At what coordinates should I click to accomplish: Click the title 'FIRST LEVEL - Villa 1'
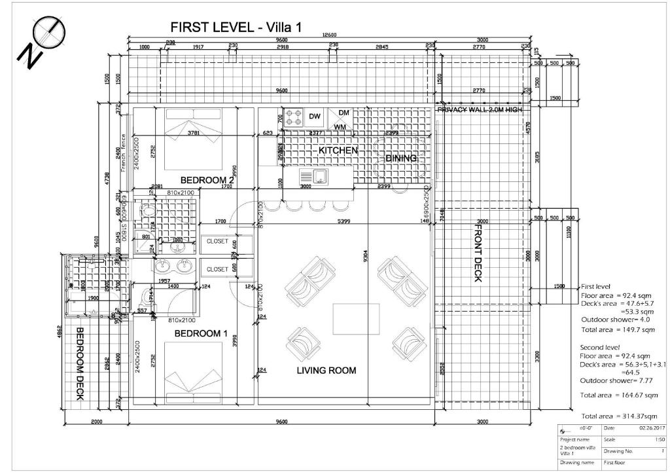coord(236,27)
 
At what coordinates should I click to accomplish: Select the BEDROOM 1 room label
coord(201,334)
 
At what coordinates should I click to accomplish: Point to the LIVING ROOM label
coord(326,371)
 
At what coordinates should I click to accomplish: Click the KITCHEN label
coord(338,151)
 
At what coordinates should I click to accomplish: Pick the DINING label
coord(400,158)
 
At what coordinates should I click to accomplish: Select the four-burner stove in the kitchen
coord(293,117)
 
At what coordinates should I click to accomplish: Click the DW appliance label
coord(315,117)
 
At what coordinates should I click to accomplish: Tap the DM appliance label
coord(344,113)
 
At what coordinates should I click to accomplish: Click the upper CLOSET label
coord(217,241)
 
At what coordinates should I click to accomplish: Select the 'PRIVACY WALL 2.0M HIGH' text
coord(480,110)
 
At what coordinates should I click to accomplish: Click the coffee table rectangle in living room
coord(357,319)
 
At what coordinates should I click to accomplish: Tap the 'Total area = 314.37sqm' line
coord(619,416)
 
